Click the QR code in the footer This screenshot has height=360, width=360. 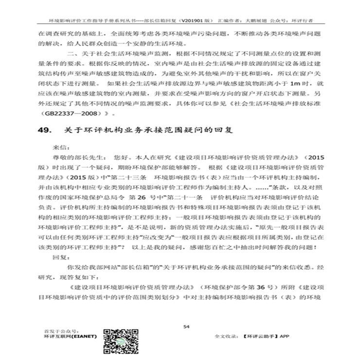click(x=118, y=340)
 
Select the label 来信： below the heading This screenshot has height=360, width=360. click(x=61, y=147)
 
